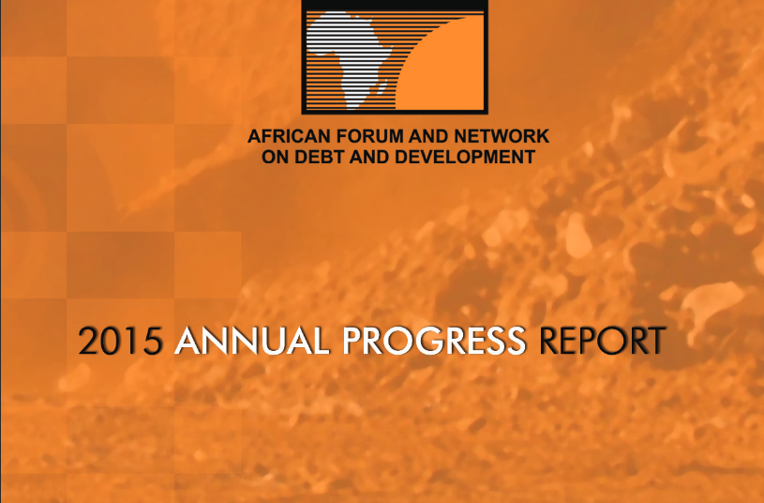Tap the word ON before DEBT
[x=276, y=157]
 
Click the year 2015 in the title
[x=120, y=341]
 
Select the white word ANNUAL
[x=252, y=341]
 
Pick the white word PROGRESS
[x=434, y=341]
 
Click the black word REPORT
[x=602, y=341]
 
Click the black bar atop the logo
[x=395, y=5]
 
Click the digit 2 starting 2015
[x=89, y=341]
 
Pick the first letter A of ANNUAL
[x=188, y=341]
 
